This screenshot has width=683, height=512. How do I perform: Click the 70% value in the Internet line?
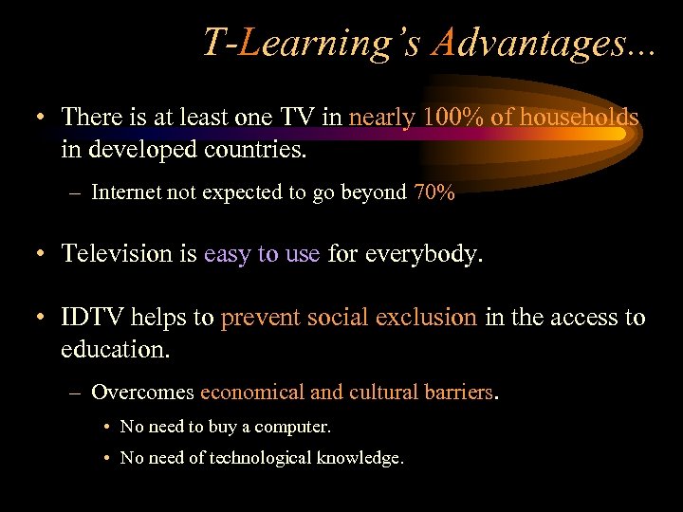pyautogui.click(x=434, y=193)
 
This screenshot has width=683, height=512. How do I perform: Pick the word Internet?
pyautogui.click(x=128, y=193)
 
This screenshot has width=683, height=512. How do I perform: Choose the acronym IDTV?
pyautogui.click(x=94, y=318)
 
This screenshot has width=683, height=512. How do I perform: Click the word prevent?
pyautogui.click(x=258, y=318)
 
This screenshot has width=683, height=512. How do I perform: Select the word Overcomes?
pyautogui.click(x=142, y=393)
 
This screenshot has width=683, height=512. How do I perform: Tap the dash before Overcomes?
pyautogui.click(x=75, y=393)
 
